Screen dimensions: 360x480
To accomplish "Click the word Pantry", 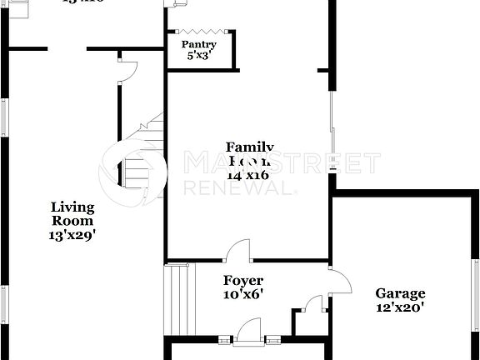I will tap(199, 45).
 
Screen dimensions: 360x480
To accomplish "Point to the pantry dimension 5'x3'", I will tap(199, 57).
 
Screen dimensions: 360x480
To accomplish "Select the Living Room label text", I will tap(72, 214).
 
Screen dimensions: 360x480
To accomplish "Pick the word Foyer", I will tap(243, 281).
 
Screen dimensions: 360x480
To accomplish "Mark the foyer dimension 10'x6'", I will tap(243, 295).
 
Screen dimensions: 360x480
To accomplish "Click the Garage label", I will tap(400, 293).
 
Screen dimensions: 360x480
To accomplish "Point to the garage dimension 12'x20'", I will tap(400, 307).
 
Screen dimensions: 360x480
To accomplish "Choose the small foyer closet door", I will tap(313, 304).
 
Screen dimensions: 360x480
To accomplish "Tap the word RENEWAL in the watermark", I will tap(238, 187).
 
